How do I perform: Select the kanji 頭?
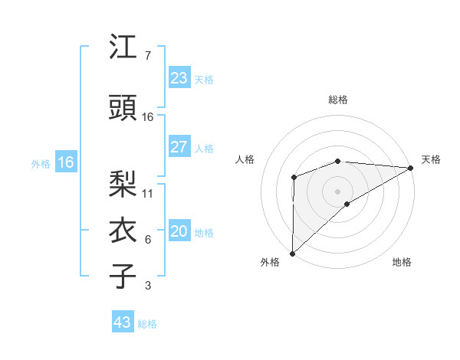point(123,108)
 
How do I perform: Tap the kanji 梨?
point(123,185)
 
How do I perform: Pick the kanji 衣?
point(123,231)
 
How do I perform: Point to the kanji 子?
point(123,277)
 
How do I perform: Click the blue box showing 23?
point(179,78)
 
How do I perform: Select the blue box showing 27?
point(179,147)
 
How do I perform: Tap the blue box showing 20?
point(179,232)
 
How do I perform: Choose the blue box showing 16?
point(65,162)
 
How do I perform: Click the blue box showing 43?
point(122,322)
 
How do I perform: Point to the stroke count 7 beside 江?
point(147,56)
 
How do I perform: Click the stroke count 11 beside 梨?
point(148,194)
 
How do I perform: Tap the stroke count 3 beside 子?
point(147,286)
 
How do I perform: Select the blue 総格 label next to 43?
point(147,324)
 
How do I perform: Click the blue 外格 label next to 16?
point(41,163)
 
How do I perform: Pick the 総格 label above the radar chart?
point(337,100)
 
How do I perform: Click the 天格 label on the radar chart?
point(432,159)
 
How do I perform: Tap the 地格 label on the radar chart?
point(402,262)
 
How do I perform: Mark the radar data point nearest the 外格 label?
point(292,253)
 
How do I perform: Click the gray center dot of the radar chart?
point(337,190)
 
